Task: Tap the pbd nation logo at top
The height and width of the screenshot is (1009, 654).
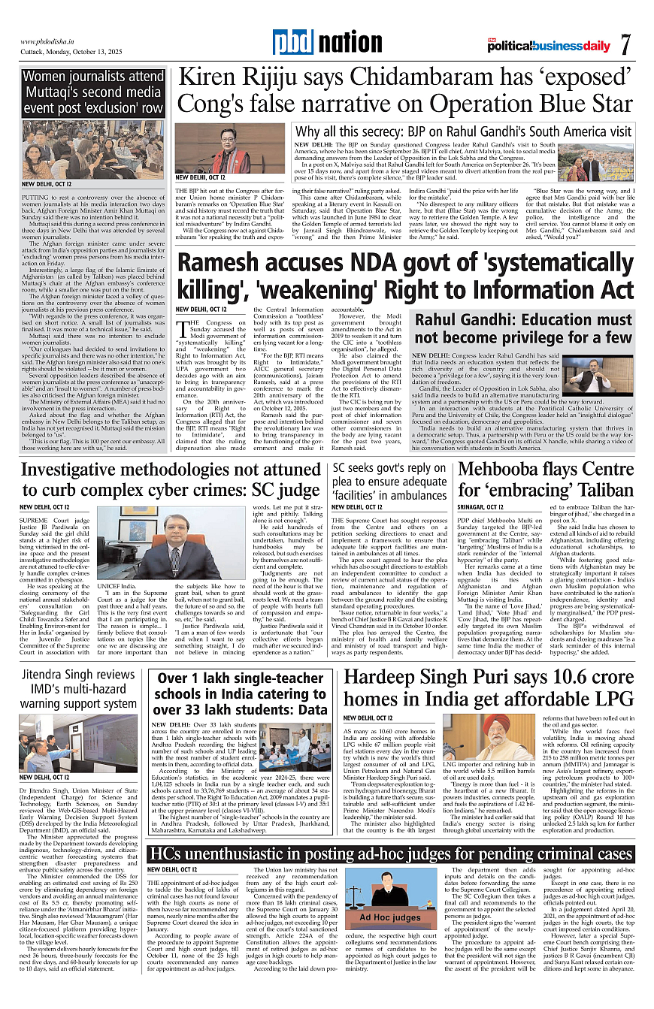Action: coord(316,44)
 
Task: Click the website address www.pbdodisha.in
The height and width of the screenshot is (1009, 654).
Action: coord(50,42)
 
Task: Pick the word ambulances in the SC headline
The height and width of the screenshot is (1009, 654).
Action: coord(414,494)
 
